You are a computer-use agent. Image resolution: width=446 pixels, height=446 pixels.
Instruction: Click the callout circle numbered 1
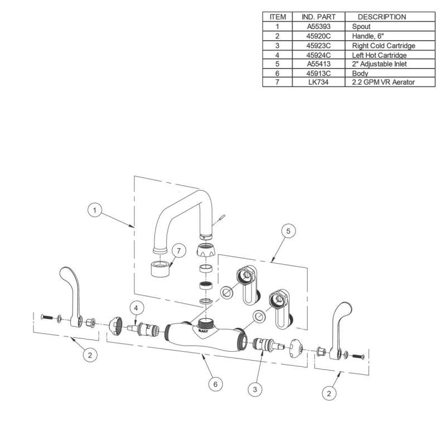pos(96,211)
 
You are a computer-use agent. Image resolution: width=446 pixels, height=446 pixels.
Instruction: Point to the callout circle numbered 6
pos(215,384)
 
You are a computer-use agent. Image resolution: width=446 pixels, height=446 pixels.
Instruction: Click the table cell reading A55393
pos(318,26)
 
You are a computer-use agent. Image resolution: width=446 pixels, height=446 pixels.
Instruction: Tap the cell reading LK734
pos(318,82)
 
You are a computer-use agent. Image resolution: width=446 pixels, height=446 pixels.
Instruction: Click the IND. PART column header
pos(318,17)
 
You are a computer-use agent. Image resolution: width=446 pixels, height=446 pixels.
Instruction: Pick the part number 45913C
pos(318,73)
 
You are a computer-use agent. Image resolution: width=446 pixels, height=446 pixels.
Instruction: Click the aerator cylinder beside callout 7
pos(161,269)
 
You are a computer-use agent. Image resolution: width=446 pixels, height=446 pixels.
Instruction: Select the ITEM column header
pos(277,17)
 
